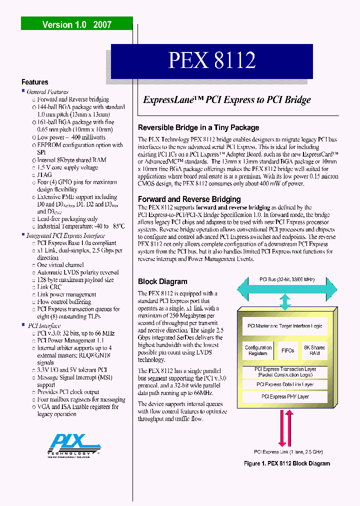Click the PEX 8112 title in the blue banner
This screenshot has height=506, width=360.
point(212,60)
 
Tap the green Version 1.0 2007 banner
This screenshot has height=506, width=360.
point(76,24)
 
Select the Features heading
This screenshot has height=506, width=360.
point(35,82)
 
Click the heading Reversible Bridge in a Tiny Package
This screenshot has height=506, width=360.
point(198,127)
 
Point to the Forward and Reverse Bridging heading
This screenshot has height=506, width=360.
point(189,198)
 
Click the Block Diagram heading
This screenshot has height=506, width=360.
point(162,281)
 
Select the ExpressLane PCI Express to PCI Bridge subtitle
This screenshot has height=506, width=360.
point(227,99)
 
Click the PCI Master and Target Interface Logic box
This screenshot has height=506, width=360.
point(285,326)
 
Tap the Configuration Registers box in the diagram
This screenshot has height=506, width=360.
point(258,350)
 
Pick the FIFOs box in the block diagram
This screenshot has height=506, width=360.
point(288,350)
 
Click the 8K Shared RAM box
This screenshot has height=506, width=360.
point(314,350)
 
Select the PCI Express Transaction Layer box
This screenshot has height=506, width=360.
point(285,372)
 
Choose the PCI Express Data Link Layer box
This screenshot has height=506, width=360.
point(285,384)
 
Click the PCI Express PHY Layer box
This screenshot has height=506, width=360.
point(285,396)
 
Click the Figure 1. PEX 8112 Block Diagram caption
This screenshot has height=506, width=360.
point(287,463)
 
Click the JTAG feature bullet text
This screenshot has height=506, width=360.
point(44,175)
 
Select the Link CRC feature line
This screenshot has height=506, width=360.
point(49,287)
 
